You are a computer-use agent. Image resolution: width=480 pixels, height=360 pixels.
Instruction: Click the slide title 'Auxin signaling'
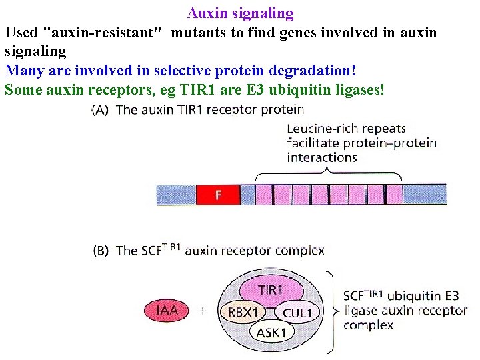tap(240, 13)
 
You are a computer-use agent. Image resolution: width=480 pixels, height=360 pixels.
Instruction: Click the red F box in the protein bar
tap(217, 195)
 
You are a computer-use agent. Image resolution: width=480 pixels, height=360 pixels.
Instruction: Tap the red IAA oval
tap(167, 310)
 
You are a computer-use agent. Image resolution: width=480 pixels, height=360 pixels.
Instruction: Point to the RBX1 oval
tap(243, 311)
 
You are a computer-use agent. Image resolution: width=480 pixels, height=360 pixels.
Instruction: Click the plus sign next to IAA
tap(203, 311)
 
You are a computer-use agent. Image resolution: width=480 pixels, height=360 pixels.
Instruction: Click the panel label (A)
tap(100, 110)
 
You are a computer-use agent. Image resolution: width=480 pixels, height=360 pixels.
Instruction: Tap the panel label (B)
tap(100, 251)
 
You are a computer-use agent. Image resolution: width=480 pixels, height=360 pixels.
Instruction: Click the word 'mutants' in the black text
tap(198, 32)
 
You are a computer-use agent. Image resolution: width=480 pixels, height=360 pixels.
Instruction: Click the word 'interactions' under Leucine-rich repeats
tap(322, 158)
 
